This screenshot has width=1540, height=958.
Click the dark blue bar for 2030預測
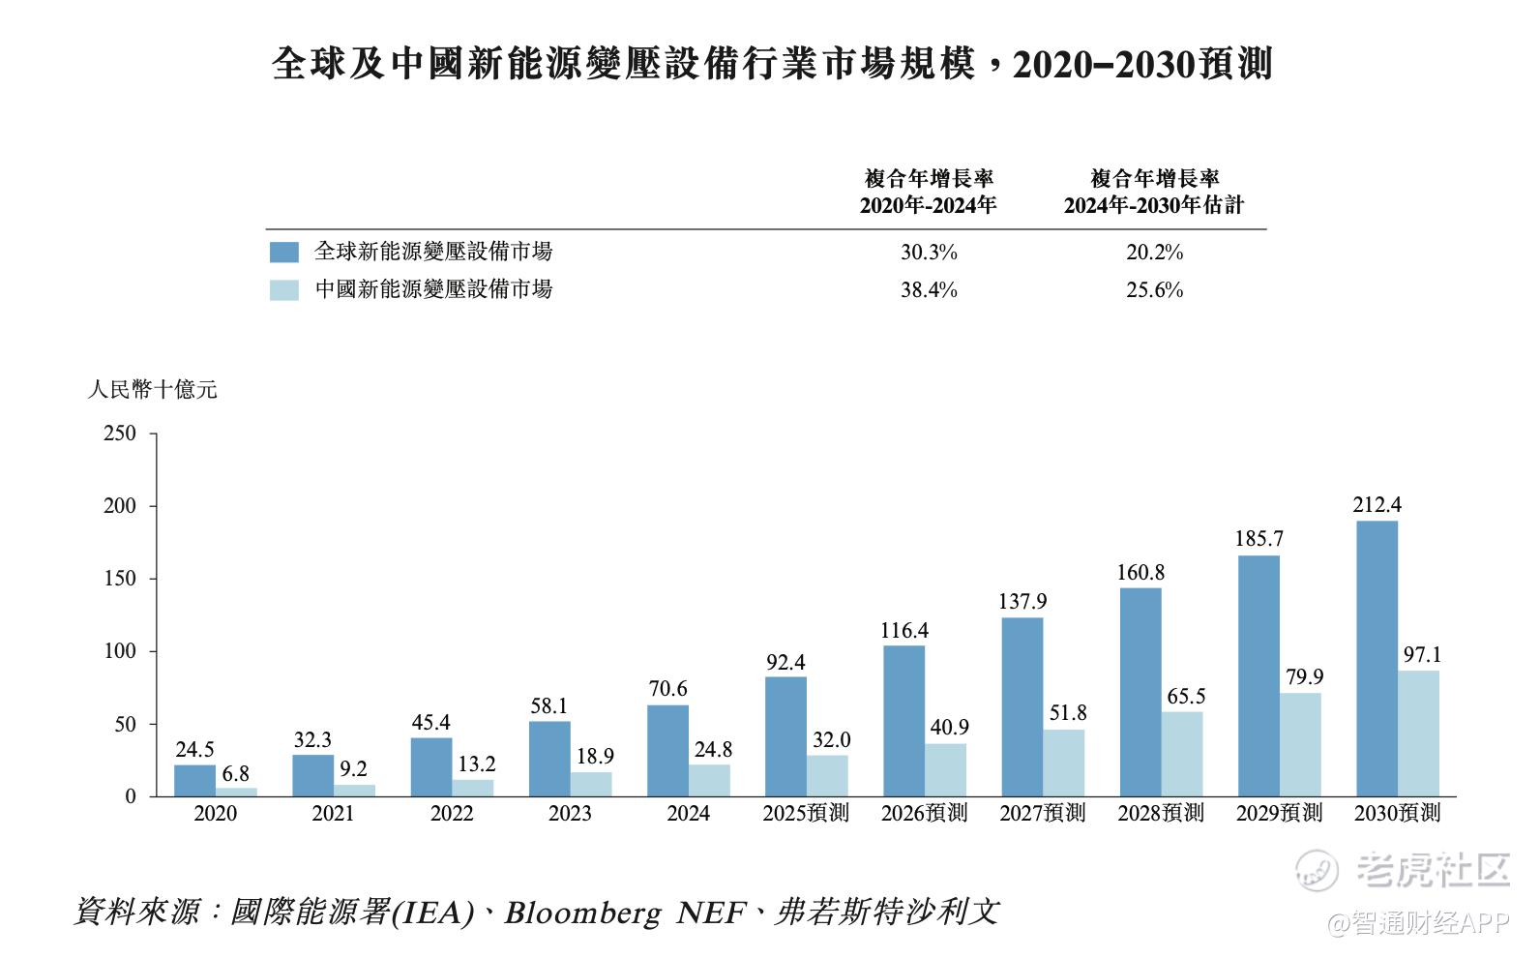pyautogui.click(x=1377, y=658)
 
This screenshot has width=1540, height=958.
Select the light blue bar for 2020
pyautogui.click(x=236, y=792)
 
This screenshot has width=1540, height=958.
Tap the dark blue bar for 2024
pyautogui.click(x=667, y=750)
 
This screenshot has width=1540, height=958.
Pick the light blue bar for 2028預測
pyautogui.click(x=1182, y=754)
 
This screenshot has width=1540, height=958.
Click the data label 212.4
pyautogui.click(x=1377, y=504)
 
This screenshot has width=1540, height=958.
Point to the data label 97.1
pyautogui.click(x=1422, y=654)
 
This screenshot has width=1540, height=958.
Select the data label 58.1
pyautogui.click(x=548, y=705)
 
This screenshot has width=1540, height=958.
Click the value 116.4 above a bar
pyautogui.click(x=904, y=630)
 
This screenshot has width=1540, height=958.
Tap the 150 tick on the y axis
pyautogui.click(x=120, y=578)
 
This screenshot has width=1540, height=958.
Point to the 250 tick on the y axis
pyautogui.click(x=120, y=433)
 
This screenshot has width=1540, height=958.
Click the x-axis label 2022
pyautogui.click(x=452, y=813)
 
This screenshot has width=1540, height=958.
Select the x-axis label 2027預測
pyautogui.click(x=1043, y=813)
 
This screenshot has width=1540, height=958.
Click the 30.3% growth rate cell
pyautogui.click(x=929, y=252)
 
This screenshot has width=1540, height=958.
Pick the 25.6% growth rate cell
pyautogui.click(x=1154, y=289)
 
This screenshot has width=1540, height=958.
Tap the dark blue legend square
pyautogui.click(x=284, y=252)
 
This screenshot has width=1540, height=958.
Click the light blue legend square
pyautogui.click(x=284, y=289)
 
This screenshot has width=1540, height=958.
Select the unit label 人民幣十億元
pyautogui.click(x=153, y=389)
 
